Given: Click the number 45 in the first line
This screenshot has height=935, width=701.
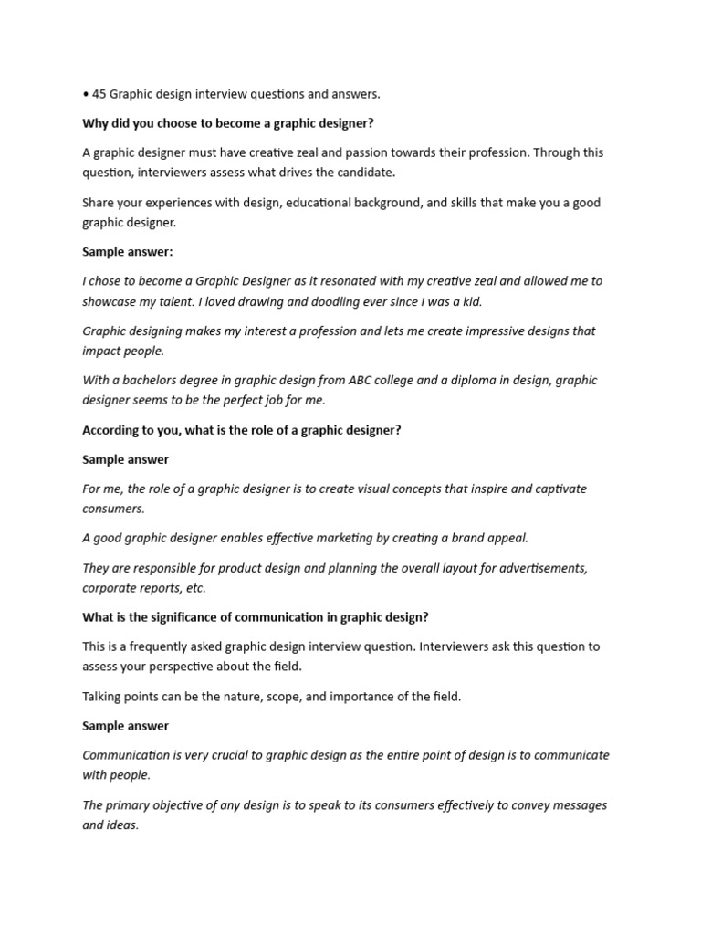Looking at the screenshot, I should pyautogui.click(x=99, y=93).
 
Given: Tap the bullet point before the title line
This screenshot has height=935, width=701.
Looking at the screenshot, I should pyautogui.click(x=85, y=94).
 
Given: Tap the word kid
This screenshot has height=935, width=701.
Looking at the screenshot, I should pyautogui.click(x=470, y=301).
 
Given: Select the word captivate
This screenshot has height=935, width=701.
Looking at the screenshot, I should pyautogui.click(x=553, y=489).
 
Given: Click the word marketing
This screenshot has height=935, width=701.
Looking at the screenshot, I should pyautogui.click(x=309, y=538).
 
